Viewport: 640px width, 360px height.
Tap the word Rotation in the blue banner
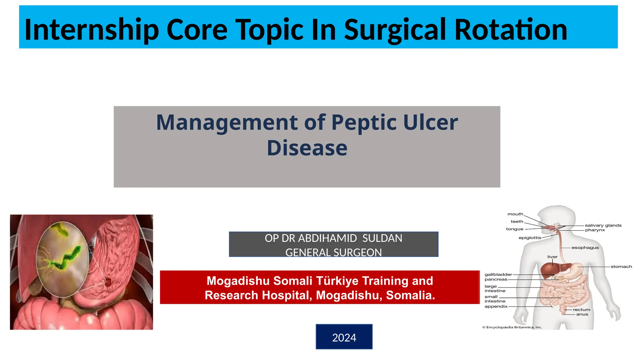point(511,30)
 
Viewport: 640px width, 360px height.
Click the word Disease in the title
point(307,148)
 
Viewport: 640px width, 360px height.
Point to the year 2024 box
point(344,337)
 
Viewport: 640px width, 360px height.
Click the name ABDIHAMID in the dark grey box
point(327,238)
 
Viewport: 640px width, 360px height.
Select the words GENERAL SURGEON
point(333,252)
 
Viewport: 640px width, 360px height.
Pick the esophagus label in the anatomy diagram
point(585,248)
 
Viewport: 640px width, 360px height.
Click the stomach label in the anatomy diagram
point(621,267)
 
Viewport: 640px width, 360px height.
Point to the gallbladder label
point(498,274)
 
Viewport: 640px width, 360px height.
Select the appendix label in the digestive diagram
point(496,307)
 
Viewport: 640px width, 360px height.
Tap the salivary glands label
point(603,225)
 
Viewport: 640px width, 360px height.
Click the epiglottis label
point(530,238)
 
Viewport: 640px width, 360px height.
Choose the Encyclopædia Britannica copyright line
point(512,327)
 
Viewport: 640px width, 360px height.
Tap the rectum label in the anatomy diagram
point(581,310)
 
